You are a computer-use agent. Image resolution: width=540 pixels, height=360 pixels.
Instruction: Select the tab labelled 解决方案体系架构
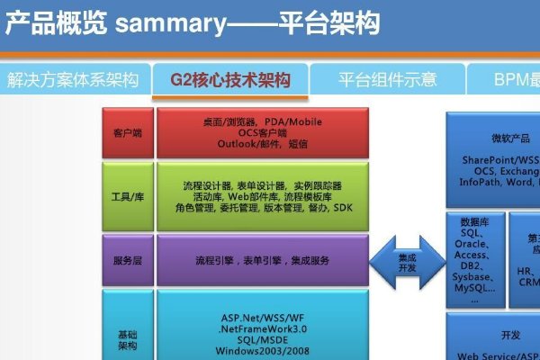[x=73, y=80]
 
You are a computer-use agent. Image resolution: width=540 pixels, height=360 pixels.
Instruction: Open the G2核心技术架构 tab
[x=231, y=80]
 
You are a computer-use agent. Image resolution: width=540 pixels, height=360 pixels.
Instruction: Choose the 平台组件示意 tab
[x=388, y=80]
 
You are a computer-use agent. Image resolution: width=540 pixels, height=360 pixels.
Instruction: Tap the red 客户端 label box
[x=127, y=132]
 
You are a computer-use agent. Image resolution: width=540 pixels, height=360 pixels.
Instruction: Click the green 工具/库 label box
[x=127, y=196]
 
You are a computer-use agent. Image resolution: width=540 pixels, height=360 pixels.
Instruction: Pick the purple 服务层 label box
[x=127, y=260]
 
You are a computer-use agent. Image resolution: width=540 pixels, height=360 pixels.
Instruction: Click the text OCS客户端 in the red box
[x=262, y=132]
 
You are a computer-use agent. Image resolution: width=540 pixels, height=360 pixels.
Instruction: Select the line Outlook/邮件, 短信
[x=262, y=143]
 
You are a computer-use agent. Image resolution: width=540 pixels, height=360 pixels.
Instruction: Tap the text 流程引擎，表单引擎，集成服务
[x=262, y=260]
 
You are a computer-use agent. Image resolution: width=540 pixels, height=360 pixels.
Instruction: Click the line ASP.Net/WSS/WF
[x=262, y=318]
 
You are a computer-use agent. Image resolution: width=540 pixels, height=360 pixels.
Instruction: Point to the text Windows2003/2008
[x=262, y=350]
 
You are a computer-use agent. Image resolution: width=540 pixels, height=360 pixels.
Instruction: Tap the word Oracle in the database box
[x=472, y=243]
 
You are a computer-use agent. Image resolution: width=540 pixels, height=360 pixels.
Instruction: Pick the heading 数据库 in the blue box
[x=474, y=220]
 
